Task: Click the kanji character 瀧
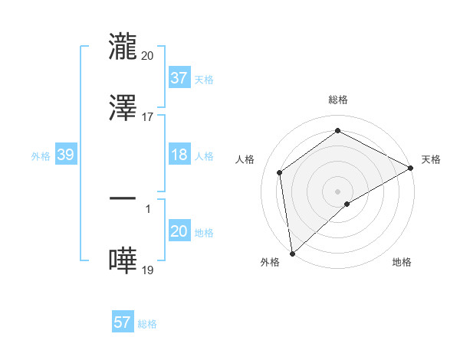coord(123,47)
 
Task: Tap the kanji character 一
coord(123,198)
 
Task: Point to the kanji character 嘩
coord(123,260)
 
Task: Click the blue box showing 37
coord(179,78)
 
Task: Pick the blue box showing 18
coord(179,155)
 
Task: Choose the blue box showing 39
coord(65,155)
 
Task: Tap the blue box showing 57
coord(123,322)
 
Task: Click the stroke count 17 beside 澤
coord(147,116)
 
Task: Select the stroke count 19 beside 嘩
coord(147,269)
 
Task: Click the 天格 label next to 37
coord(203,79)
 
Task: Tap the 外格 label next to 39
coord(41,155)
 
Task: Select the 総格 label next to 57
coord(147,323)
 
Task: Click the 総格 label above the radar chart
coord(337,100)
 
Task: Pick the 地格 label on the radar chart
coord(402,262)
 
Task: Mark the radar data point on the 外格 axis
coord(292,254)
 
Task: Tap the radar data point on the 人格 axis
coord(280,172)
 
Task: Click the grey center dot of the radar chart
coord(337,191)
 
